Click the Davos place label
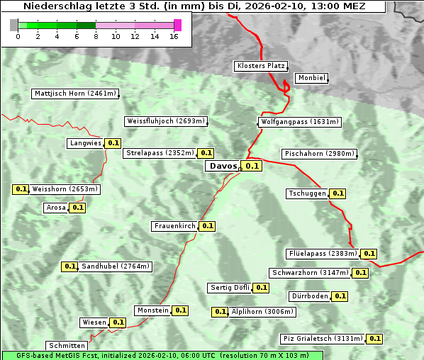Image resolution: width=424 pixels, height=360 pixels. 223,166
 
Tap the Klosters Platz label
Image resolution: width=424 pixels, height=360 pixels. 260,66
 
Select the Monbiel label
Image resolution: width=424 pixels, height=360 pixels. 311,78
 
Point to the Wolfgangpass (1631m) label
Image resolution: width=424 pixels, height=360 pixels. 299,122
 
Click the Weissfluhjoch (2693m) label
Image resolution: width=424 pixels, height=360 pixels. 165,121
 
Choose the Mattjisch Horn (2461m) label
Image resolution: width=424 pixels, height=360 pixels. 75,94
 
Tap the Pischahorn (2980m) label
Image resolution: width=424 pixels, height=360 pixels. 318,154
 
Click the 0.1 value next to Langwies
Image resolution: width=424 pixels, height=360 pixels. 113,143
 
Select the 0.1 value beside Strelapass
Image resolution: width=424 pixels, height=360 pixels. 206,152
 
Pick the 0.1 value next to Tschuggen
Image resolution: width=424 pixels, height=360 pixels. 338,193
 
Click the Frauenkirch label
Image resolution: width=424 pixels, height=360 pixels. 174,226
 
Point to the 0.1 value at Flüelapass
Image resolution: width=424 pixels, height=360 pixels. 369,253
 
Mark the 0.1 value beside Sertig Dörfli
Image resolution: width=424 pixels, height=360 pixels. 262,288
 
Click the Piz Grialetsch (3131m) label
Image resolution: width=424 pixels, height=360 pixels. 323,339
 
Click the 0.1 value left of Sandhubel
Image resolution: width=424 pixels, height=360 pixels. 69,266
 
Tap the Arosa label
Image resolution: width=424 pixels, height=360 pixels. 56,208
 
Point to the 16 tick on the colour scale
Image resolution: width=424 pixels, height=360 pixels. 174,36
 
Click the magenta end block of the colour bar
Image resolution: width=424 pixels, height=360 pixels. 177,26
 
